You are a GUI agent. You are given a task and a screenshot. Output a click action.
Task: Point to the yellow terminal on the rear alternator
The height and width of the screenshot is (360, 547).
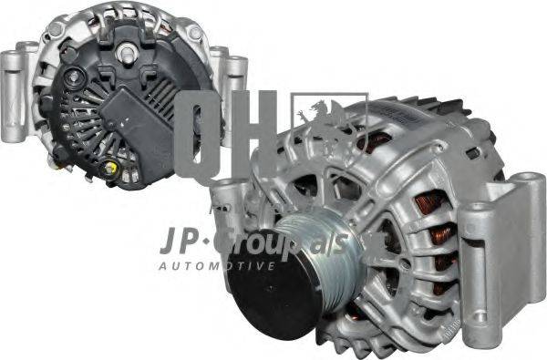click(x=111, y=168)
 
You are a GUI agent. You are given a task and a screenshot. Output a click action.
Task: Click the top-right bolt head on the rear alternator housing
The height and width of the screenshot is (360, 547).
click(x=194, y=34)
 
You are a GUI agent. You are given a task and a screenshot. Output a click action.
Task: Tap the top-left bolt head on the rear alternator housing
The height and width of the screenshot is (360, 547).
click(x=57, y=30)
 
